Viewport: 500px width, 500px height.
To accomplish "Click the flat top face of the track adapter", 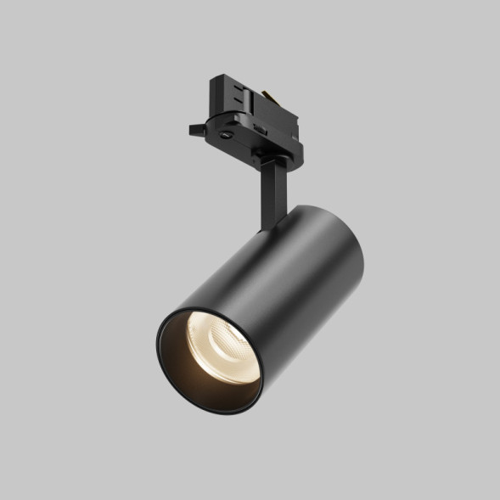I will coord(246,81).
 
